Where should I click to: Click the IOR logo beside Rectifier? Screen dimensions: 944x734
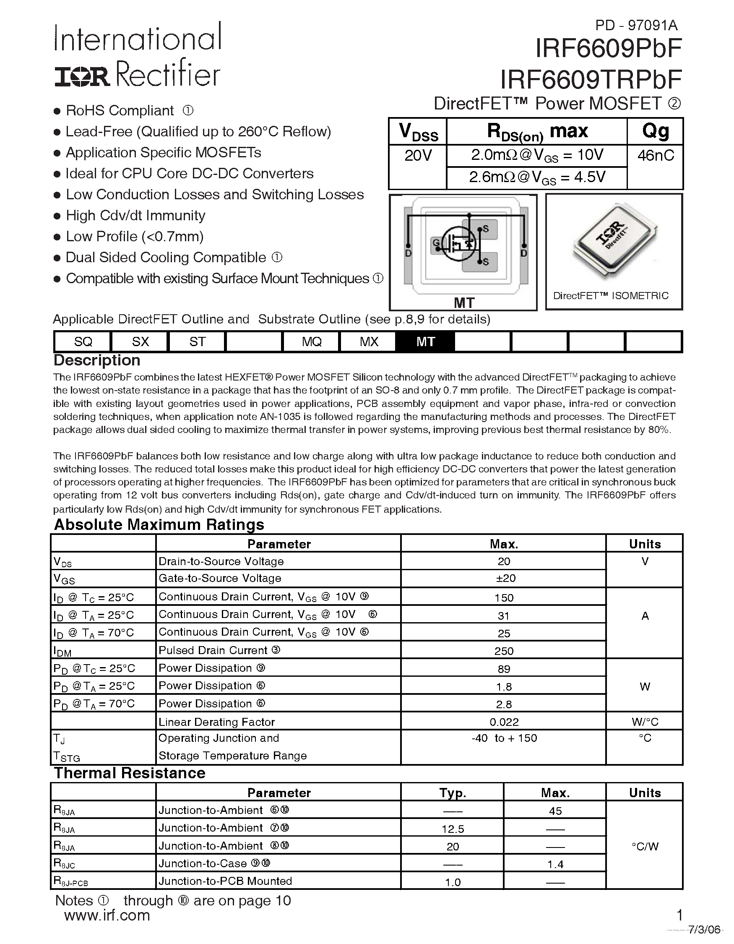(x=82, y=77)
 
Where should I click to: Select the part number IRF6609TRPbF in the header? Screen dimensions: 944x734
(x=591, y=80)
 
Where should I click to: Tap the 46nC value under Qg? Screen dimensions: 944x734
(x=656, y=156)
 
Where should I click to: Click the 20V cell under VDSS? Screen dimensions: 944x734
(x=418, y=156)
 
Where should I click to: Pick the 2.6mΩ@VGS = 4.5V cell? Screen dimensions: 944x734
(x=537, y=177)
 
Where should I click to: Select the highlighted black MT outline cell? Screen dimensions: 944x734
(x=425, y=342)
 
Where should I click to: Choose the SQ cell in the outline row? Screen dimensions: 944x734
(x=83, y=342)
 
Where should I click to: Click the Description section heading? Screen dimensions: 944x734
(x=97, y=360)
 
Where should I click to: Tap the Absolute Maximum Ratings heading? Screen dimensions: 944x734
(x=159, y=525)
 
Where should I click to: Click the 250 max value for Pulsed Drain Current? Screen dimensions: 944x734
(x=504, y=651)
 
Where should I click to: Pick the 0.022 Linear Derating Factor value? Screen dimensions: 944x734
(x=504, y=722)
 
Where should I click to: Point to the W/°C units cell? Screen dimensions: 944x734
(x=645, y=722)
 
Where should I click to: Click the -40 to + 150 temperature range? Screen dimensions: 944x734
(x=504, y=738)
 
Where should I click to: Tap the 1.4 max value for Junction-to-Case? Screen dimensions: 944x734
(x=555, y=864)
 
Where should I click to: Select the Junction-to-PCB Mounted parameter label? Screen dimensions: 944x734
(x=225, y=881)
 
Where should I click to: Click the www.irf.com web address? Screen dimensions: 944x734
(x=107, y=915)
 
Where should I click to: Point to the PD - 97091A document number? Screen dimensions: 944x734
(x=636, y=26)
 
